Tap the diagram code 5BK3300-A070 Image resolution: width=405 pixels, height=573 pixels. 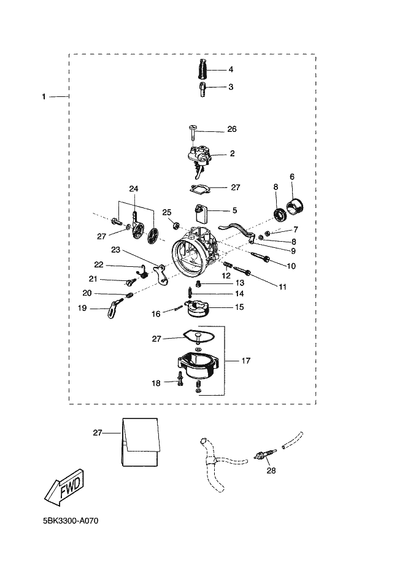click(x=71, y=521)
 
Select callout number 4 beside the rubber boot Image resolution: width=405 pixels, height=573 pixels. click(x=231, y=69)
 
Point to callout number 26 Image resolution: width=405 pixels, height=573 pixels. click(x=232, y=129)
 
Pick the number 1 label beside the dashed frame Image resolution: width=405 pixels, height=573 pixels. click(x=44, y=97)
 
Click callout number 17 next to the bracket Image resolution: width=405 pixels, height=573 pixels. click(x=246, y=361)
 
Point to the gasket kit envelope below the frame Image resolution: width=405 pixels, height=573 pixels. click(x=141, y=442)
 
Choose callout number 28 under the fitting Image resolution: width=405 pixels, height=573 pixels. click(x=271, y=471)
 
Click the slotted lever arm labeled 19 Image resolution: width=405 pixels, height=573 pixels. click(x=114, y=308)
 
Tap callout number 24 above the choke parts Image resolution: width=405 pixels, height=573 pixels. click(x=134, y=189)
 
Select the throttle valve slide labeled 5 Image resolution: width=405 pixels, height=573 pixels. click(x=201, y=213)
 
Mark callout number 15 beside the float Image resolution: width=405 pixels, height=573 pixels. click(x=239, y=307)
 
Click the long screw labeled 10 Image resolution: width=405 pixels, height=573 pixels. click(x=261, y=256)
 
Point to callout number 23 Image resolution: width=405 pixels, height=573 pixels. click(x=116, y=250)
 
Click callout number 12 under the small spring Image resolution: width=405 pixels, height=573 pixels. click(x=226, y=276)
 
